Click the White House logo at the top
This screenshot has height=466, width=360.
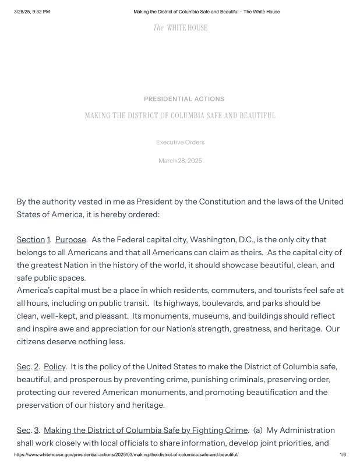tap(180, 28)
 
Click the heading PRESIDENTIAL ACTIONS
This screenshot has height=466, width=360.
tap(183, 99)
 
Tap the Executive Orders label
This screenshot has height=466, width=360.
tap(180, 142)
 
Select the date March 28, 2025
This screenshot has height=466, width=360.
tap(180, 161)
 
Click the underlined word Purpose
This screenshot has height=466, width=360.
tap(70, 240)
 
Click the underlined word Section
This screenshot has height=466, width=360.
tap(31, 240)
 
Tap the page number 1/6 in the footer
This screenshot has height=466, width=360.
tap(343, 454)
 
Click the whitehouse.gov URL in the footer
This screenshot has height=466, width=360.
tap(126, 454)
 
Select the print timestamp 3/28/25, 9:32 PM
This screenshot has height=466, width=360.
tap(32, 12)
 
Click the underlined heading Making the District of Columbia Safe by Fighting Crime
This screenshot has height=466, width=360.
tap(146, 430)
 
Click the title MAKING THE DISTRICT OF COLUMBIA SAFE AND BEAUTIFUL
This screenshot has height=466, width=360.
tap(180, 116)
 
